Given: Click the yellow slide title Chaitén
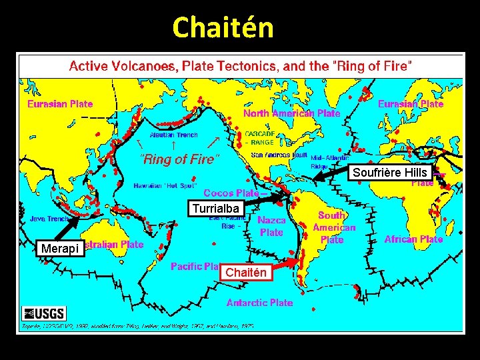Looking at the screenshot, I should click(223, 28).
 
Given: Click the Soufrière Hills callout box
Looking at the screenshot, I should click(390, 173).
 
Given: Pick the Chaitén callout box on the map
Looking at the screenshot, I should click(246, 272).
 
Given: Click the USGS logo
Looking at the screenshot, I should click(45, 313).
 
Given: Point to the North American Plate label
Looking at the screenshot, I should click(291, 113).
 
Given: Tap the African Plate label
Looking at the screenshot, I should click(413, 239).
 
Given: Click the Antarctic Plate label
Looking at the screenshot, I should click(259, 303).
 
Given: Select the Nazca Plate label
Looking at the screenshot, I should click(271, 226).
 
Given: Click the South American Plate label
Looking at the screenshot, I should click(334, 227).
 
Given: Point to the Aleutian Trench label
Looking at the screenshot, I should click(173, 135).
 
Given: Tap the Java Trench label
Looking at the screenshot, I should click(49, 218).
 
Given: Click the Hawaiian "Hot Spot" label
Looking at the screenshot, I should click(165, 185).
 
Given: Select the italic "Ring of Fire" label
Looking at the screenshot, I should click(179, 159).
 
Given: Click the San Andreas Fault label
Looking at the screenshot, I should click(280, 155).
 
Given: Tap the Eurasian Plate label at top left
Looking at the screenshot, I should click(60, 104).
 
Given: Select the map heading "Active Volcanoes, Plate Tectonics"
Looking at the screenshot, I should click(241, 67).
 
